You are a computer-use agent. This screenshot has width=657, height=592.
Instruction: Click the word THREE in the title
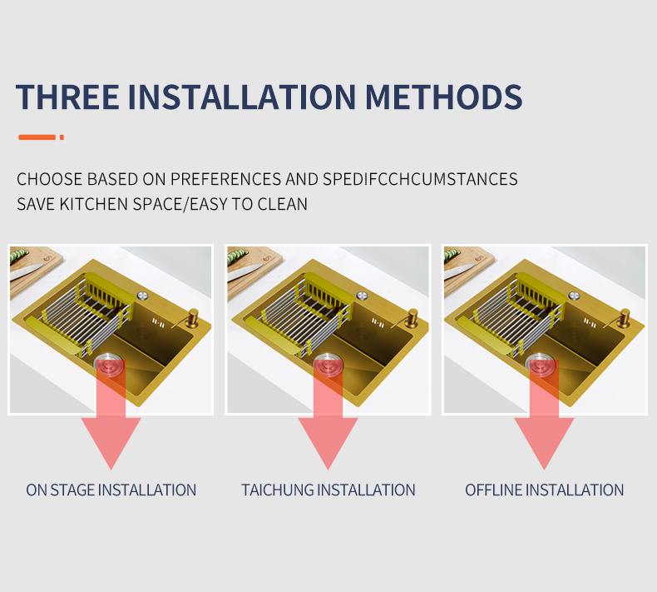(67, 97)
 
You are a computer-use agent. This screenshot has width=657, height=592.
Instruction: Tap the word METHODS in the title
(444, 97)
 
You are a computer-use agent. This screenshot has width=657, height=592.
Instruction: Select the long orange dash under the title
(37, 137)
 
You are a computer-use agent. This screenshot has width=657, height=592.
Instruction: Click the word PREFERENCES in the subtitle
(226, 179)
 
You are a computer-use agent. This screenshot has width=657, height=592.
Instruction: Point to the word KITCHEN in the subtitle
(94, 204)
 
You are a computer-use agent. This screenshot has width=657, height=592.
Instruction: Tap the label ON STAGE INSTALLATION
(111, 490)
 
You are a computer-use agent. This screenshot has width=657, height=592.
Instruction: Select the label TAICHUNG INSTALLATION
(328, 490)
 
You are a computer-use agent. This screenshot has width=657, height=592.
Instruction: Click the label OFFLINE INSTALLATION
(544, 490)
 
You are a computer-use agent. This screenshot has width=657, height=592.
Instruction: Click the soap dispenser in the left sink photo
(191, 318)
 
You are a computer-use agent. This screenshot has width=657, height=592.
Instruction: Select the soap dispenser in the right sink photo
(624, 318)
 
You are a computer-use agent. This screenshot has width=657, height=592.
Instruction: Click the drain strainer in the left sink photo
(109, 363)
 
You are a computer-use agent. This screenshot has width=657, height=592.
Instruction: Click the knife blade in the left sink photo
(25, 272)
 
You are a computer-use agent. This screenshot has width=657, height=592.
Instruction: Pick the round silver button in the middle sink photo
(362, 296)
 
